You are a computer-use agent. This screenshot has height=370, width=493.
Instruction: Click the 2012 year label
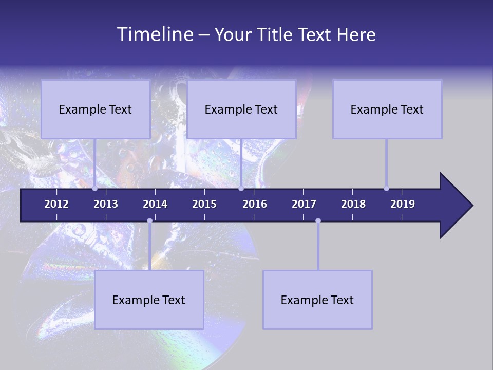pyautogui.click(x=56, y=204)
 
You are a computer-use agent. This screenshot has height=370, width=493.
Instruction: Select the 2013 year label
pyautogui.click(x=106, y=204)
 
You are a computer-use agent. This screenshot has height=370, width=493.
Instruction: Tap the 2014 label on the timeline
pyautogui.click(x=155, y=204)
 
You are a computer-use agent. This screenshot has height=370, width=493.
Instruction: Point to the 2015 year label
pyautogui.click(x=204, y=204)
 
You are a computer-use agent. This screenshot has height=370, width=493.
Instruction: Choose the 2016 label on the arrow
pyautogui.click(x=255, y=204)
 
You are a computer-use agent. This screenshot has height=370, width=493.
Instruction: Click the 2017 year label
pyautogui.click(x=304, y=204)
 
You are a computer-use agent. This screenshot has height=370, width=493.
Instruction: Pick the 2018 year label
pyautogui.click(x=353, y=204)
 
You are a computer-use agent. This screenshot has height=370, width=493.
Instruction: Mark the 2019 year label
pyautogui.click(x=403, y=204)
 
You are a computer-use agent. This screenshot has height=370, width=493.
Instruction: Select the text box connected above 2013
pyautogui.click(x=96, y=109)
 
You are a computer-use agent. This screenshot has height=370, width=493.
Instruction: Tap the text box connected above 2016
pyautogui.click(x=241, y=109)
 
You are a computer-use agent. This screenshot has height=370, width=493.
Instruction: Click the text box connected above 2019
pyautogui.click(x=387, y=109)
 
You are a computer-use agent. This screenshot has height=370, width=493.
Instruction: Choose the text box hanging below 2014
pyautogui.click(x=149, y=300)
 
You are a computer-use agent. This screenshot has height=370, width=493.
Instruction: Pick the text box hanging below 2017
pyautogui.click(x=317, y=300)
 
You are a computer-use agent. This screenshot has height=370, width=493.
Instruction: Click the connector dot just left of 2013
pyautogui.click(x=95, y=189)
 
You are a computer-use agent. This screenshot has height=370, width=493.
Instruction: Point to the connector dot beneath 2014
pyautogui.click(x=149, y=221)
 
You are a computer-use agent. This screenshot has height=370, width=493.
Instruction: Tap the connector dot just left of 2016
pyautogui.click(x=241, y=189)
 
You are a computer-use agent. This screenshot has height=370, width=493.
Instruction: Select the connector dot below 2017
pyautogui.click(x=318, y=221)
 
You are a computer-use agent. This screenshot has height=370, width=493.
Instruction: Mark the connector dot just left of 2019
pyautogui.click(x=386, y=189)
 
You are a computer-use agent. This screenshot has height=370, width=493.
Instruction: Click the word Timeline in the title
pyautogui.click(x=154, y=34)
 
